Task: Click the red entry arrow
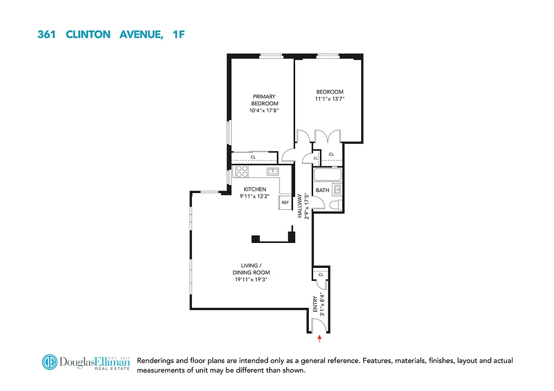320,337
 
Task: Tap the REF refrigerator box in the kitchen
285,202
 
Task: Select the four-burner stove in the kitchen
241,171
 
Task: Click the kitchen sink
273,171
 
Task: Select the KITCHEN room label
254,189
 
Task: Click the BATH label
323,190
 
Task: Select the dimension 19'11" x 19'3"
252,280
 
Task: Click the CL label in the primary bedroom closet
253,157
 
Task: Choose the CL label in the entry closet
321,275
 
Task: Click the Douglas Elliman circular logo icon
48,363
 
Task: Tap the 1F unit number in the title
178,35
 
